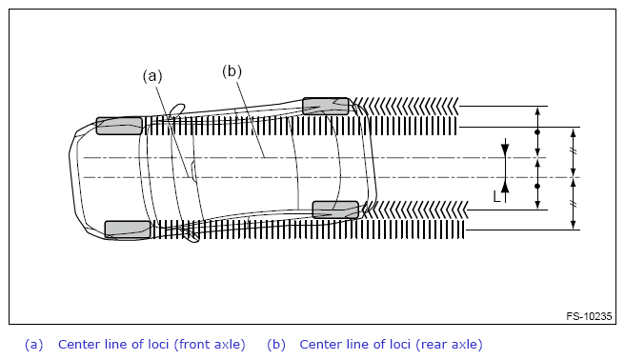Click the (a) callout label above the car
(152, 76)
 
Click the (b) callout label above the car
(232, 71)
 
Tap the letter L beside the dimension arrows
(496, 197)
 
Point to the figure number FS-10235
(589, 316)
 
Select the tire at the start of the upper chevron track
(325, 106)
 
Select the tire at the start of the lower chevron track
(335, 210)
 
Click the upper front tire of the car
(119, 126)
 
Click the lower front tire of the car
(128, 230)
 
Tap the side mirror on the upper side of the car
(177, 110)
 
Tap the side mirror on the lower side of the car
(192, 236)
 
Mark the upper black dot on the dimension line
(537, 131)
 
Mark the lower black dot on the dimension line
(537, 186)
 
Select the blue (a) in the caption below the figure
(34, 345)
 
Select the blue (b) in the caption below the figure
(276, 345)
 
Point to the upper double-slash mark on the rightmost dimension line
(574, 150)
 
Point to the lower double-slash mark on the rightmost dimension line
(574, 204)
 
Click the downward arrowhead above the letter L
(505, 150)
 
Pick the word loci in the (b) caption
(398, 345)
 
